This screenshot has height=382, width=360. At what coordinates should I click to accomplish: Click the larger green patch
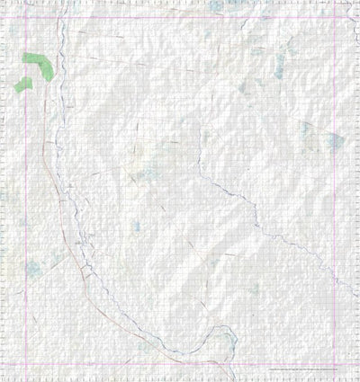[38, 64]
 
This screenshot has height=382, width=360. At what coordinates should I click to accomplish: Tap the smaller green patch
[22, 84]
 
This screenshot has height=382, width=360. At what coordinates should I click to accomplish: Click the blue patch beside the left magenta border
[33, 267]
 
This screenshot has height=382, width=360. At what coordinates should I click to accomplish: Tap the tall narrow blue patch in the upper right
[280, 65]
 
